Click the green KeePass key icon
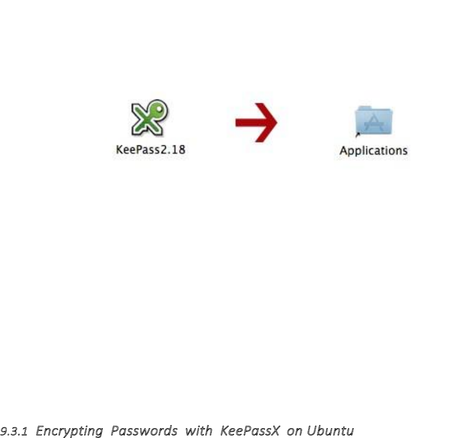pos(150,118)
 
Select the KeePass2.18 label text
pos(150,151)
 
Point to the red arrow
pos(257,122)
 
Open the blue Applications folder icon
pos(374,122)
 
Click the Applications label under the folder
pos(373,151)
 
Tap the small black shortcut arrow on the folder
pos(358,135)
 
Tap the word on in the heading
pos(295,430)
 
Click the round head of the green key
pos(160,109)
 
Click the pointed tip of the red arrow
pos(276,122)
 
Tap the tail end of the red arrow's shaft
pos(238,122)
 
